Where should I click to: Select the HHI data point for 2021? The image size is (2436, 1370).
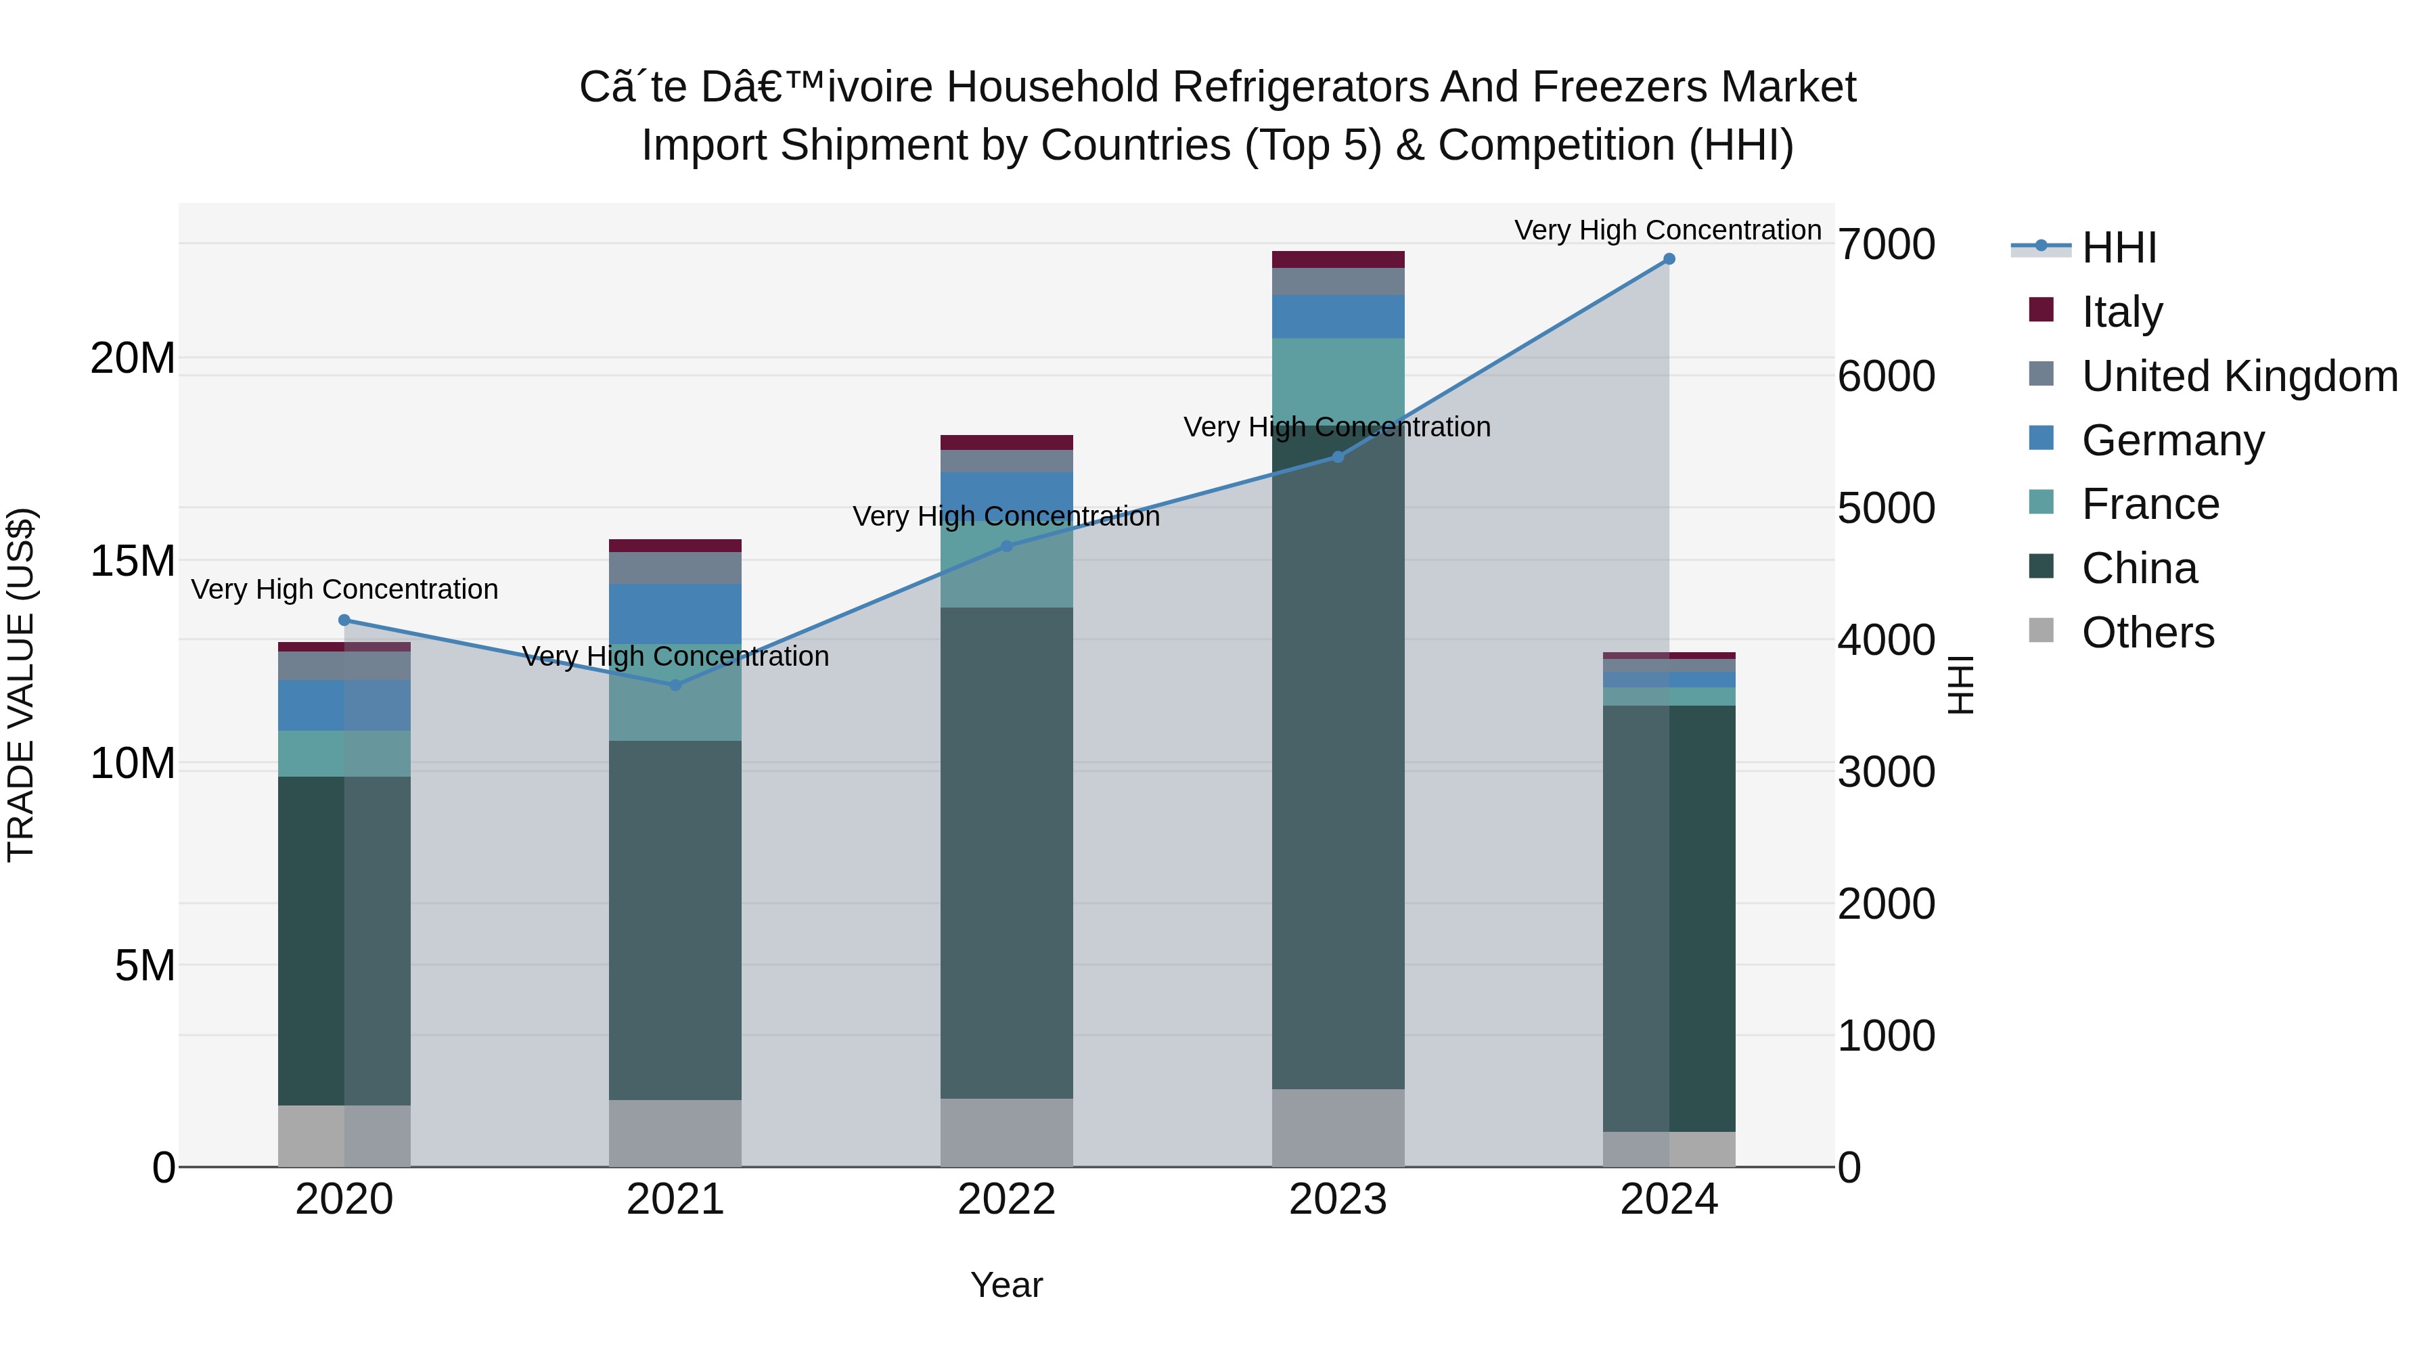coord(675,685)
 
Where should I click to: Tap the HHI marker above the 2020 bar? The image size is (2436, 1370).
coord(344,620)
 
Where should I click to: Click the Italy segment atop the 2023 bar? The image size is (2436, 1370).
coord(1337,260)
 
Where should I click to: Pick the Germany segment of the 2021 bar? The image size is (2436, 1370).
coord(675,614)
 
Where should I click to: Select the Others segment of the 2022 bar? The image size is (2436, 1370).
coord(1006,1132)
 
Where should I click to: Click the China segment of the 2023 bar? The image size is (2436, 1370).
coord(1337,756)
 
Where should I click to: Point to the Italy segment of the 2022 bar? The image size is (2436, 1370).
coord(1006,442)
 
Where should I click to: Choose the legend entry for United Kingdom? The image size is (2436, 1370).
coord(2238,376)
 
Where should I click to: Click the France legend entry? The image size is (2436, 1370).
coord(2150,504)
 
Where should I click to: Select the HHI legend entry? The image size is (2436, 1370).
coord(2118,248)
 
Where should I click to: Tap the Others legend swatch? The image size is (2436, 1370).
coord(2041,631)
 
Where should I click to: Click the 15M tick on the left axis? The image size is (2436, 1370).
coord(133,562)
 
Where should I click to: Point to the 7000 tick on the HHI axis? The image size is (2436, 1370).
coord(1886,245)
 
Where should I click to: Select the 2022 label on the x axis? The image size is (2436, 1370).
coord(1006,1200)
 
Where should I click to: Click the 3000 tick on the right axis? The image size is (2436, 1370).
coord(1886,773)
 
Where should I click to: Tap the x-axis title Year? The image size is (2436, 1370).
coord(1006,1285)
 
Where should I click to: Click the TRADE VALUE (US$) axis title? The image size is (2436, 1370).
coord(21,685)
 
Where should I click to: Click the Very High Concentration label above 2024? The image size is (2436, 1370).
coord(1667,230)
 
